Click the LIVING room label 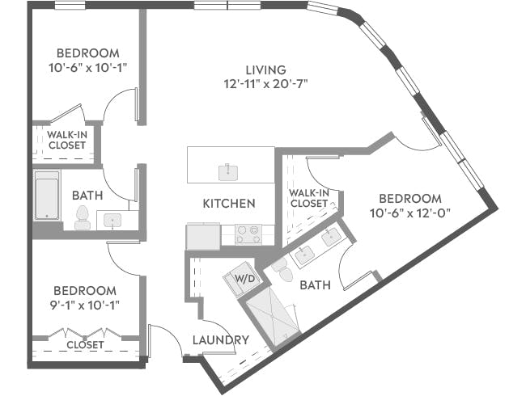tap(266, 70)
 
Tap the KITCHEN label tap(229, 204)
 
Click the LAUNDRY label tap(220, 340)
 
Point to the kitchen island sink tap(230, 171)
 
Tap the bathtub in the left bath tap(47, 196)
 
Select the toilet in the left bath tap(82, 214)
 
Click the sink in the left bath tap(111, 219)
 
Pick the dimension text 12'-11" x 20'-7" tap(266, 83)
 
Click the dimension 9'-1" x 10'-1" tap(85, 305)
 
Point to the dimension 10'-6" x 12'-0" tap(410, 213)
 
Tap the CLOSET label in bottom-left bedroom tap(85, 344)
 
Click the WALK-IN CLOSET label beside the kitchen tap(308, 198)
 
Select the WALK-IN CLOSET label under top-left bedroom tap(67, 140)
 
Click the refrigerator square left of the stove tap(201, 237)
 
